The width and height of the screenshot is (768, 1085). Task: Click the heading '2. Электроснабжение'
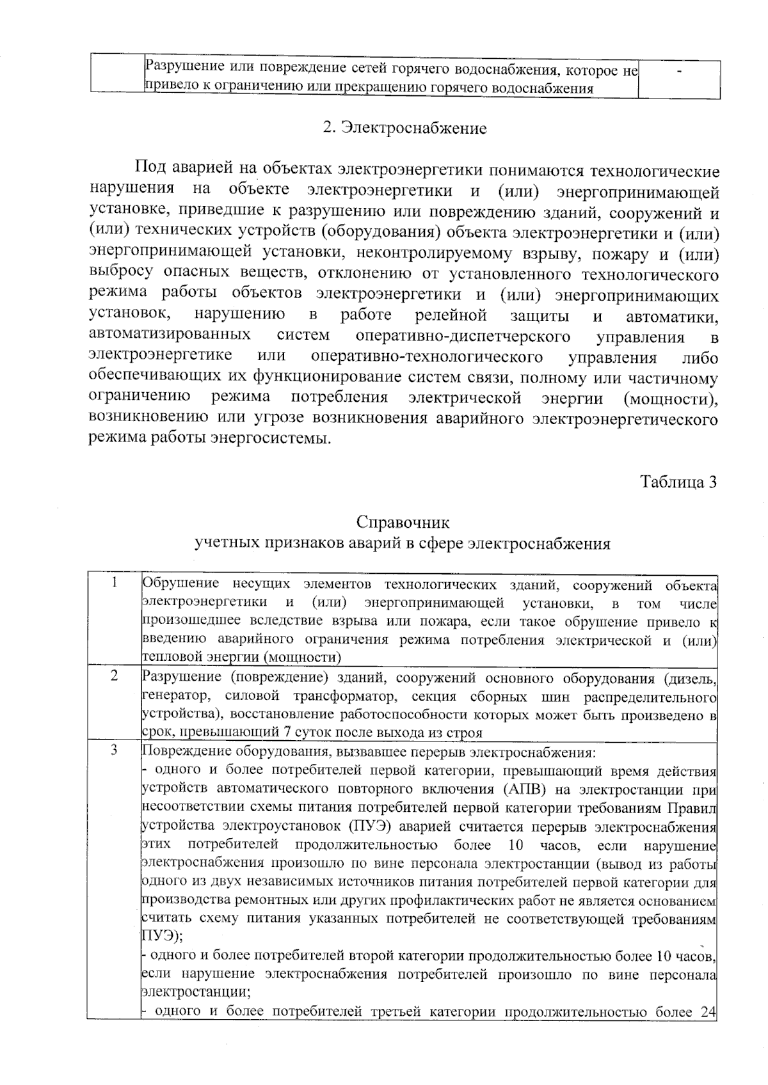coord(404,128)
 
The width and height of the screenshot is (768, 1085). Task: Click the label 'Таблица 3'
coord(678,482)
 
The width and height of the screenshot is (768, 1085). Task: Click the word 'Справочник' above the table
coord(403,522)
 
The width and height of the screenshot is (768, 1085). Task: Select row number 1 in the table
coord(114,582)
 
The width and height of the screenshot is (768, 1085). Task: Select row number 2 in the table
coord(114,676)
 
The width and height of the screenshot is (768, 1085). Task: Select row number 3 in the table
coord(114,750)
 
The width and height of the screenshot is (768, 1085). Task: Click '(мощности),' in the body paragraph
coord(670,399)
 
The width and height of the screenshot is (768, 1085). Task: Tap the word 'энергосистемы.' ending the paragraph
coord(280,440)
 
